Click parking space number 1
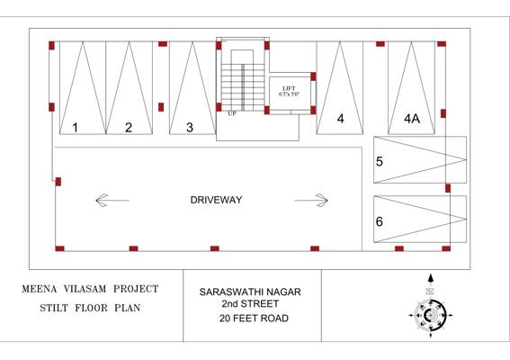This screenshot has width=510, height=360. [x=76, y=128]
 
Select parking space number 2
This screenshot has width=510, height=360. [x=129, y=128]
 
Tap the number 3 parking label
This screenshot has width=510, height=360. [x=190, y=128]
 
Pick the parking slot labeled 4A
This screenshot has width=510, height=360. [x=412, y=119]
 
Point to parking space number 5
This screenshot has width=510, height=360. [x=380, y=162]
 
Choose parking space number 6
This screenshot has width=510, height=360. [x=380, y=221]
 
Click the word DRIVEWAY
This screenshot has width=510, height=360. [x=216, y=200]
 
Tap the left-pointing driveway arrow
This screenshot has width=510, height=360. [x=112, y=200]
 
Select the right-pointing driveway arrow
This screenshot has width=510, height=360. [x=311, y=200]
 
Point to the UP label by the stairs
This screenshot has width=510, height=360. [x=232, y=113]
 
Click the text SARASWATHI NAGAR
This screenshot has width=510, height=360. [x=250, y=292]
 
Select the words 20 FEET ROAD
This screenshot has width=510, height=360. [x=250, y=318]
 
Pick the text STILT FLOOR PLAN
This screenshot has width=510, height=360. [x=87, y=308]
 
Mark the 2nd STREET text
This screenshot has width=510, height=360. [x=250, y=305]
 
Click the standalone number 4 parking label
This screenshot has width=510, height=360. [x=341, y=119]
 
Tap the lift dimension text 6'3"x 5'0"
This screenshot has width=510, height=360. [x=289, y=94]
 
